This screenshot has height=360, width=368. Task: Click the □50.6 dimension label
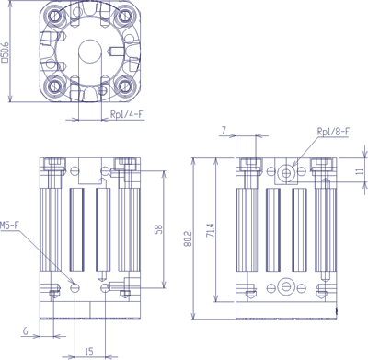(6, 52)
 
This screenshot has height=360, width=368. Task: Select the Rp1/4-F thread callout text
(127, 114)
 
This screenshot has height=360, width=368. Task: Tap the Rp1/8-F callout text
(333, 132)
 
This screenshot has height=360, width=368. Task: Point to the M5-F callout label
(9, 226)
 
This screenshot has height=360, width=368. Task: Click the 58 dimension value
(158, 229)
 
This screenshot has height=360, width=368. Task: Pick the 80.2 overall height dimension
(189, 238)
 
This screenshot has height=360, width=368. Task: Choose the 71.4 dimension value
(212, 230)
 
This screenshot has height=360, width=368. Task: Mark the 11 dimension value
(361, 170)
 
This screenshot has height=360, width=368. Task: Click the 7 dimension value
(224, 131)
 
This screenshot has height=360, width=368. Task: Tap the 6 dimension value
(26, 331)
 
